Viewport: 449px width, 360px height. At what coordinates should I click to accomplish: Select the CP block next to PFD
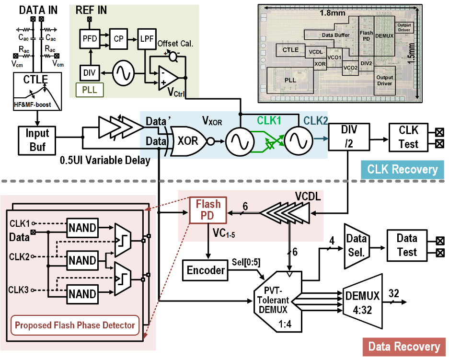117,39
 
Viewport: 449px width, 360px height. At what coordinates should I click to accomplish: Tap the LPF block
146,39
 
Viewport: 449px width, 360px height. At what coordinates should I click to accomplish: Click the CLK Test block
408,137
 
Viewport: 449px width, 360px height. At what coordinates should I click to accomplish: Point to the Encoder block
206,270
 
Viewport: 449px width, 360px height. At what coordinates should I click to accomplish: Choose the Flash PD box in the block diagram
208,210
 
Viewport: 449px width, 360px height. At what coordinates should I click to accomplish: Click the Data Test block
406,245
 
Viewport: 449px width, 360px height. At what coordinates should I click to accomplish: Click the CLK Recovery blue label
402,169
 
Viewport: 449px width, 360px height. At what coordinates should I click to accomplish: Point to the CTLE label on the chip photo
290,50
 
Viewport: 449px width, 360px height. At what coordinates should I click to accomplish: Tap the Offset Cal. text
175,44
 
